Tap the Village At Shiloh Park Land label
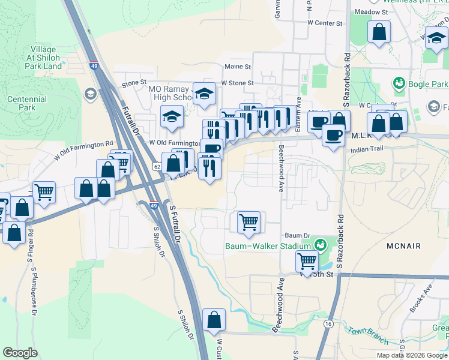44,58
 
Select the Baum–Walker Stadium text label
268,246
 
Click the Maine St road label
237,67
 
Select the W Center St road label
324,23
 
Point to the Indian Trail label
367,149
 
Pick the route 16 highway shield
328,323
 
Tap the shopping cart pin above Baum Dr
249,222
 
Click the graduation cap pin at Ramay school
204,94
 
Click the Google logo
20,353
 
